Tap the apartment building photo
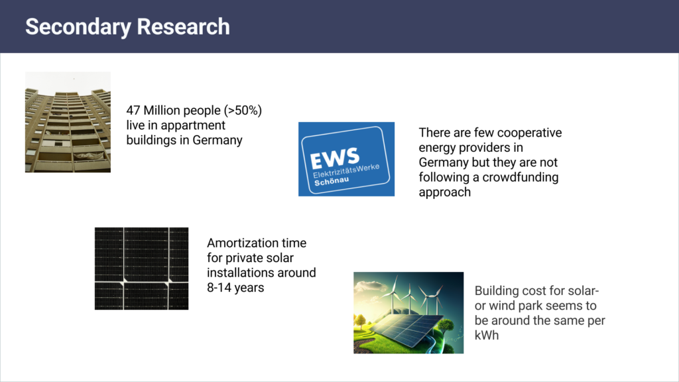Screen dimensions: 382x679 pos(68,122)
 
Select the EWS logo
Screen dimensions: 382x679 pos(346,159)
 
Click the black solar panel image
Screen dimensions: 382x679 pos(141,268)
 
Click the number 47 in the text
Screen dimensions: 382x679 pos(133,110)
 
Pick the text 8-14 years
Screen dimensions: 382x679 pos(235,288)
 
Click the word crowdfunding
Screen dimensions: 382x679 pos(523,177)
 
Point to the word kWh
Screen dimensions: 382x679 pos(487,336)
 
